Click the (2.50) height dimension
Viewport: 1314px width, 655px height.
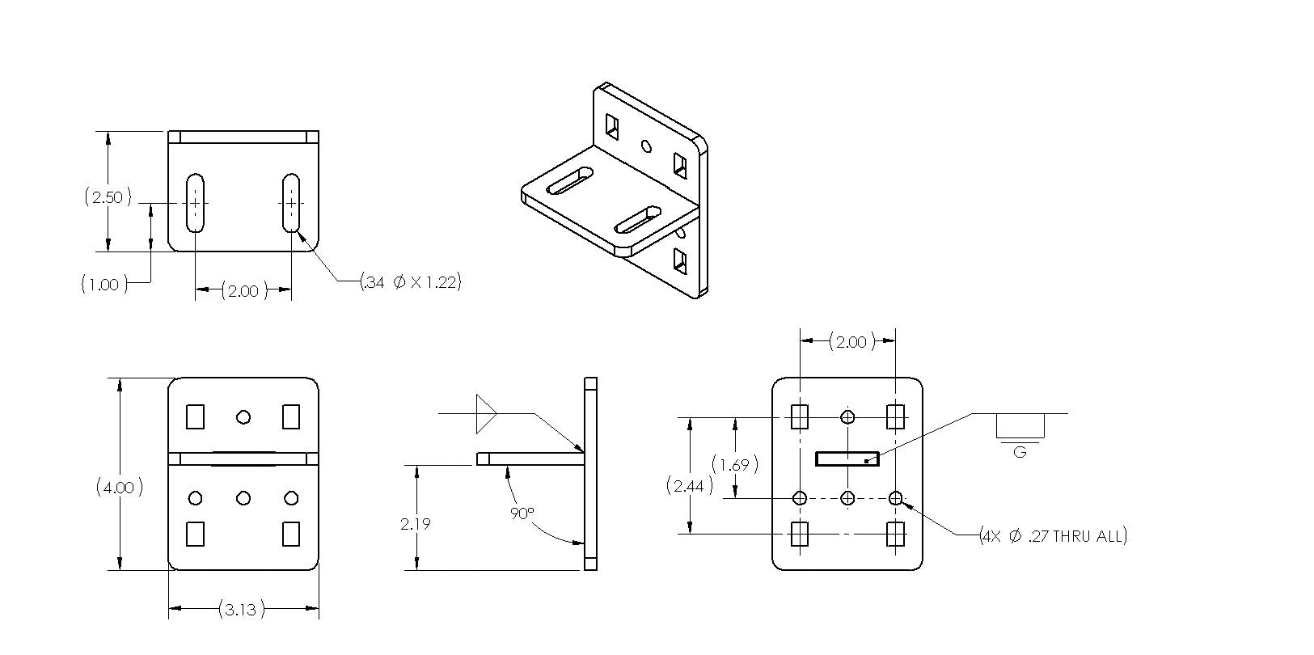(107, 197)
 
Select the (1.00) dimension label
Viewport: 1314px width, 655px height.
(104, 284)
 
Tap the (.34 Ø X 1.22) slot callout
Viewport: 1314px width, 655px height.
(411, 282)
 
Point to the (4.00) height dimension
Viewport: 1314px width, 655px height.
(120, 488)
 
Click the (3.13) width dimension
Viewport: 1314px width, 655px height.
(241, 609)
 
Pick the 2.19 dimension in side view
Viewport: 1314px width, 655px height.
(415, 524)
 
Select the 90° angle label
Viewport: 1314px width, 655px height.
(522, 513)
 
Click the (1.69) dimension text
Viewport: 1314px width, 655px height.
(734, 464)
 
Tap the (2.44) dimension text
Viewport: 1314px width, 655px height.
(689, 486)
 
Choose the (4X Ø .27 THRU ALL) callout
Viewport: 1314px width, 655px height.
(1052, 535)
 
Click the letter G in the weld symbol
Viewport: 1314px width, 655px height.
(1020, 452)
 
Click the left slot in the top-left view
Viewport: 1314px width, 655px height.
(195, 202)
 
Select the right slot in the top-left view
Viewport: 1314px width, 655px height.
(291, 202)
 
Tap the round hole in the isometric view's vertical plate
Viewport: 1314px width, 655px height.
(645, 146)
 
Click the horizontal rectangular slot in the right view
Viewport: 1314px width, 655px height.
(847, 458)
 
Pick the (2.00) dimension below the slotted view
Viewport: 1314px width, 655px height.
(243, 290)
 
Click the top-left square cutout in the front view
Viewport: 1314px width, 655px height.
(195, 416)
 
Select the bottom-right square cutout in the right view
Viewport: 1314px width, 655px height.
(895, 534)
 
